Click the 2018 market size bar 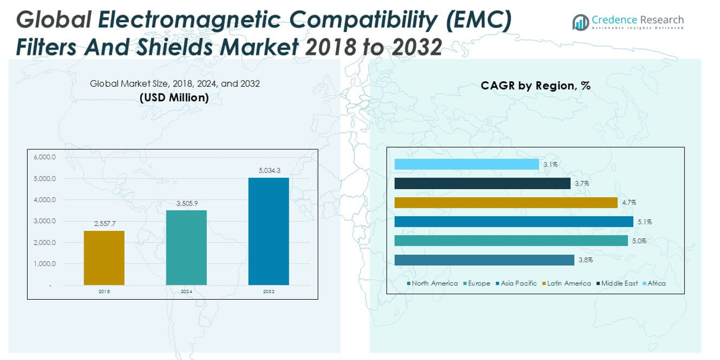pyautogui.click(x=104, y=258)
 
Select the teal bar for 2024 pyautogui.click(x=186, y=248)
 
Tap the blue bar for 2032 pyautogui.click(x=268, y=232)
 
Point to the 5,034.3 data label pyautogui.click(x=268, y=171)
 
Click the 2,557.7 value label pyautogui.click(x=104, y=224)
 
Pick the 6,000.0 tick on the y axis pyautogui.click(x=45, y=157)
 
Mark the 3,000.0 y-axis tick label pyautogui.click(x=45, y=221)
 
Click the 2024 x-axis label pyautogui.click(x=186, y=292)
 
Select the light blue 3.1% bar pyautogui.click(x=466, y=164)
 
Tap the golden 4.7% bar pyautogui.click(x=506, y=203)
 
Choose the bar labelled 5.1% pyautogui.click(x=514, y=222)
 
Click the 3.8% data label pyautogui.click(x=585, y=260)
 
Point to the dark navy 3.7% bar pyautogui.click(x=482, y=184)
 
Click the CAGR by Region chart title pyautogui.click(x=535, y=86)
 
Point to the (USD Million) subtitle pyautogui.click(x=174, y=98)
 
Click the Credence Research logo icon pyautogui.click(x=581, y=23)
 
